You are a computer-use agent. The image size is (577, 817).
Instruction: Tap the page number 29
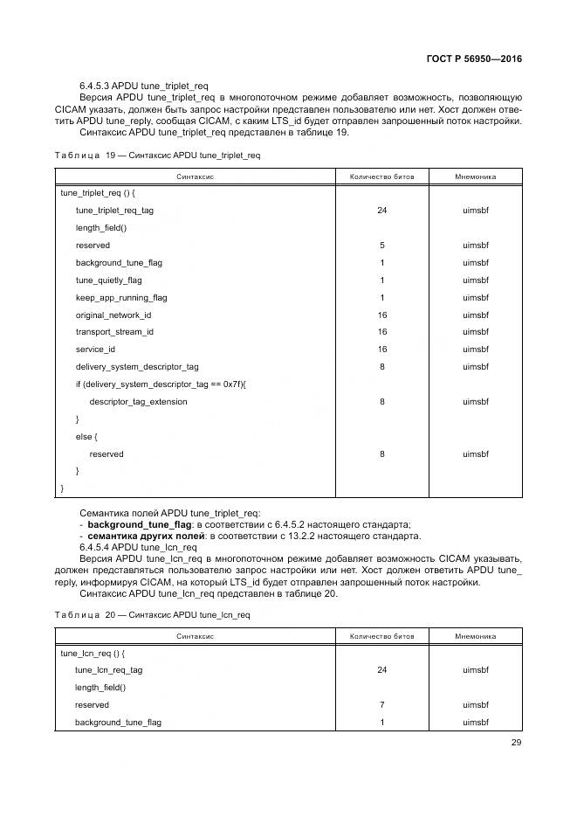pos(515,744)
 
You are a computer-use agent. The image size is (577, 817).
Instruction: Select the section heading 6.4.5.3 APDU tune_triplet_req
pos(143,85)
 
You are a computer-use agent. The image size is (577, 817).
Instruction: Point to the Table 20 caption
pos(152,614)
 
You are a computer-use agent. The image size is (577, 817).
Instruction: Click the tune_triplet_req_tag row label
pos(114,211)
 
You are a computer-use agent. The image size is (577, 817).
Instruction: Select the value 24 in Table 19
pos(381,211)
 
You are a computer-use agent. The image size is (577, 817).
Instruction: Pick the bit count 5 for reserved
pos(381,246)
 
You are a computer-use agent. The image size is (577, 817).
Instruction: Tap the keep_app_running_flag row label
pos(121,298)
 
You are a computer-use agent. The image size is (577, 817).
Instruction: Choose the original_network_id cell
pos(113,315)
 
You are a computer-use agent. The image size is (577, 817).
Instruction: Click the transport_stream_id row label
pos(114,332)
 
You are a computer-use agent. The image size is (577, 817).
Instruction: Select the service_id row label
pos(95,350)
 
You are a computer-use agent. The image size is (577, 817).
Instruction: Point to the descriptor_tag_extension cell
pos(138,402)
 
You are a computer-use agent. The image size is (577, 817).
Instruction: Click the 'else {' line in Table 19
pos(86,437)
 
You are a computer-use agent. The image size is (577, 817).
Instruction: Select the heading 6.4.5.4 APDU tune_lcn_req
pos(138,547)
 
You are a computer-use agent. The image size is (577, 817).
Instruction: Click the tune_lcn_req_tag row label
pos(108,670)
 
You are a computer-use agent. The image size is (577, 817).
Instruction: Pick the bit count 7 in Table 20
pos(381,705)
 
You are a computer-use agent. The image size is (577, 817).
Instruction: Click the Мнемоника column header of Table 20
pos(475,636)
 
